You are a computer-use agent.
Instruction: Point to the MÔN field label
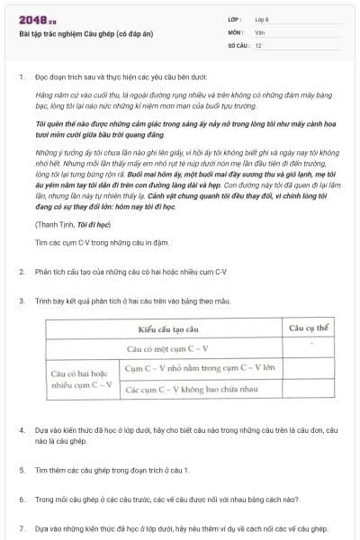coord(235,31)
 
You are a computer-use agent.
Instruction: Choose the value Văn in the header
coord(259,31)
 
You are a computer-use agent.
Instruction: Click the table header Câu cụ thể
coord(307,328)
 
